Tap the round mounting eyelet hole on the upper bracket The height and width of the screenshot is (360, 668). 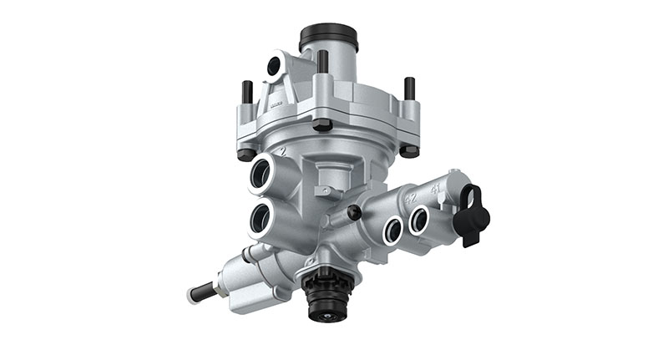pos(275,66)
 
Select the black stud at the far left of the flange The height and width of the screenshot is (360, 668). pos(247,91)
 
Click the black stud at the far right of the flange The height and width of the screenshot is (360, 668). pos(409,88)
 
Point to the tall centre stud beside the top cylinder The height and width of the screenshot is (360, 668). pos(321,62)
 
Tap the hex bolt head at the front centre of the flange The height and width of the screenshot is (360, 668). pos(322,125)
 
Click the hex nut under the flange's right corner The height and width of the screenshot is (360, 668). pos(408,151)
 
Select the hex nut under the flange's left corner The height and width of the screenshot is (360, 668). pos(245,154)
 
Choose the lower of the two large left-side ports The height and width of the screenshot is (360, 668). pos(261,221)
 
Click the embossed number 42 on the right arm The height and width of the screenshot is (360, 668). pos(411,199)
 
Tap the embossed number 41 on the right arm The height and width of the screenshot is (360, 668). pos(436,190)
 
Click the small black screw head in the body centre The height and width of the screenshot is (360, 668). pos(354,212)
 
